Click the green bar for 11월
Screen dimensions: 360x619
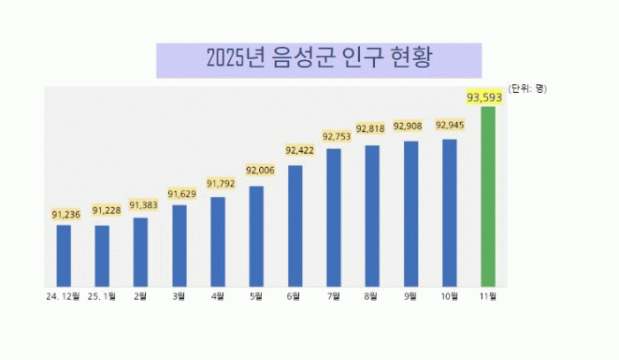(x=488, y=195)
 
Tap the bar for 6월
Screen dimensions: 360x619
(x=295, y=225)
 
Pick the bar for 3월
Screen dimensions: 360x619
(x=180, y=245)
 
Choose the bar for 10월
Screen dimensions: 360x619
(x=449, y=212)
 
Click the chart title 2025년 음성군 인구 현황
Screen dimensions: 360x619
(x=318, y=59)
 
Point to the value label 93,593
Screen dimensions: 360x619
(x=485, y=96)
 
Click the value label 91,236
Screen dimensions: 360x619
(x=66, y=214)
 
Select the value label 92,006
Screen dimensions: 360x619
(x=261, y=170)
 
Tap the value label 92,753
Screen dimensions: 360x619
(x=337, y=136)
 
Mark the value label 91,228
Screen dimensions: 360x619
(x=105, y=210)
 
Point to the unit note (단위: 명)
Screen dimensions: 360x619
(x=528, y=88)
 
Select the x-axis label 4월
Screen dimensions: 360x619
(x=218, y=296)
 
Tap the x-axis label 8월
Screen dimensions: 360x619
(x=372, y=296)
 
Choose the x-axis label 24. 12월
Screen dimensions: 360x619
(x=64, y=296)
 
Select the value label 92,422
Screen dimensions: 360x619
(x=299, y=149)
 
